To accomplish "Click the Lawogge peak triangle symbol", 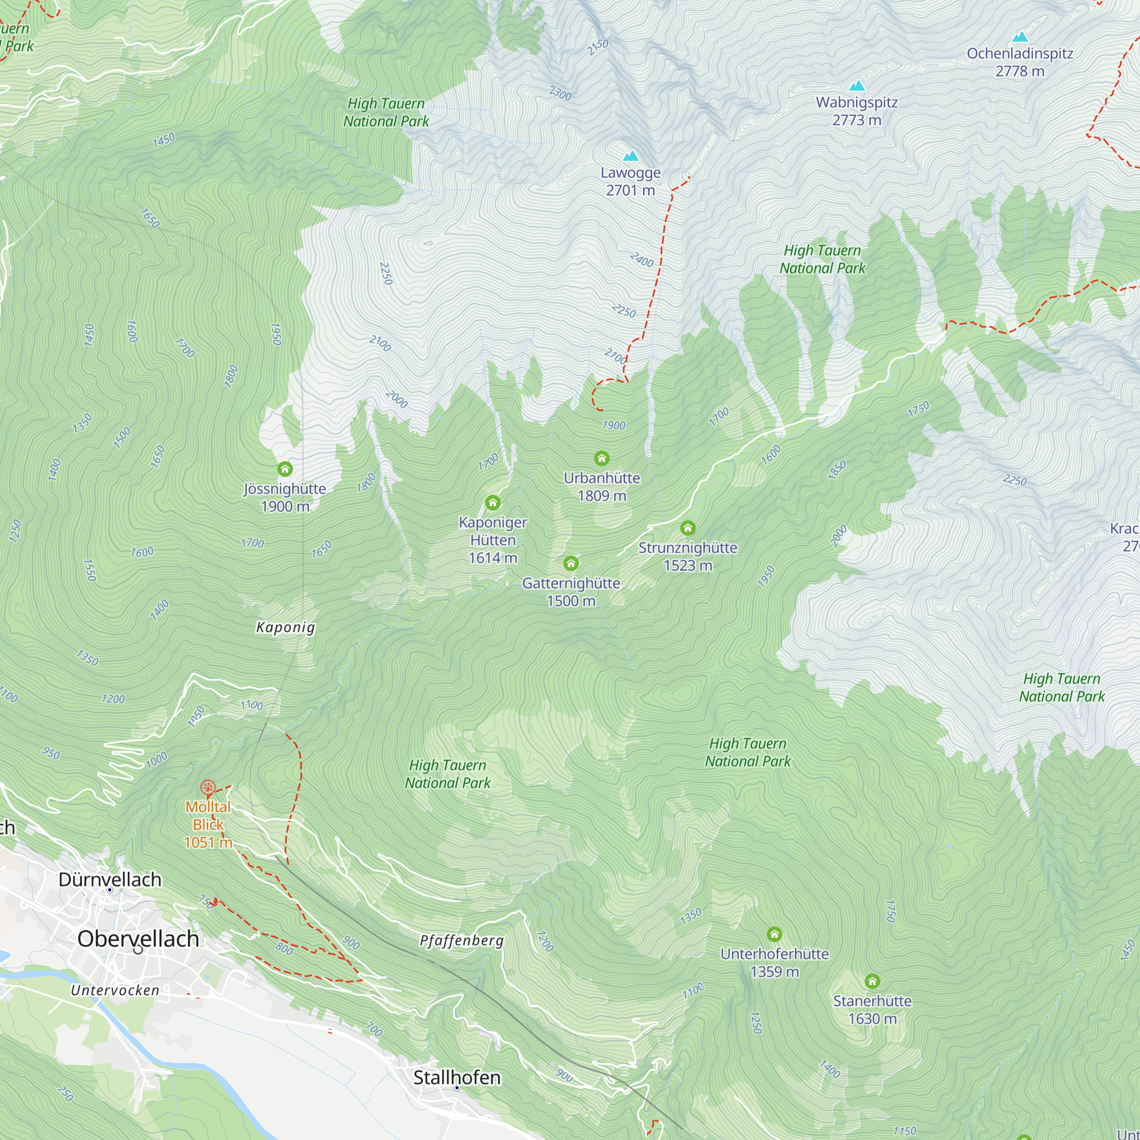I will pyautogui.click(x=631, y=156).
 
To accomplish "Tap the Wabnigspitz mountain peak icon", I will pyautogui.click(x=857, y=85).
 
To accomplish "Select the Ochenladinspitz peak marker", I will pyautogui.click(x=1020, y=37).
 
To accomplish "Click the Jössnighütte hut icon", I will pyautogui.click(x=285, y=469).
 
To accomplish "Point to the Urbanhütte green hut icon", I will pyautogui.click(x=601, y=458).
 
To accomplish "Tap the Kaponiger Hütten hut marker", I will pyautogui.click(x=492, y=503).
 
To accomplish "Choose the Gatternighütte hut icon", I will pyautogui.click(x=571, y=564).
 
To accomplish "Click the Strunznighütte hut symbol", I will pyautogui.click(x=687, y=528).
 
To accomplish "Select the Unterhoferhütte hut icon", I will pyautogui.click(x=774, y=934).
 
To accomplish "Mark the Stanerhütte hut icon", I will pyautogui.click(x=872, y=982).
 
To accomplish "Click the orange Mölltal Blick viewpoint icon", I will pyautogui.click(x=207, y=787).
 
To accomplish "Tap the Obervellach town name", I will pyautogui.click(x=138, y=939).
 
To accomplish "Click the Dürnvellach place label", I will pyautogui.click(x=110, y=879).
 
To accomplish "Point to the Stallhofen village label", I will pyautogui.click(x=457, y=1077).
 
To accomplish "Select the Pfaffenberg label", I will pyautogui.click(x=462, y=940).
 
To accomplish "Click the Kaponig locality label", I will pyautogui.click(x=286, y=627).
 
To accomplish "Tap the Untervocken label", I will pyautogui.click(x=115, y=991).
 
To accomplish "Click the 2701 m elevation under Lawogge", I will pyautogui.click(x=630, y=190).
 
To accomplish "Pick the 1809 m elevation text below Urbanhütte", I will pyautogui.click(x=601, y=496).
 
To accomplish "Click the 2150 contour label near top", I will pyautogui.click(x=597, y=47).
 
